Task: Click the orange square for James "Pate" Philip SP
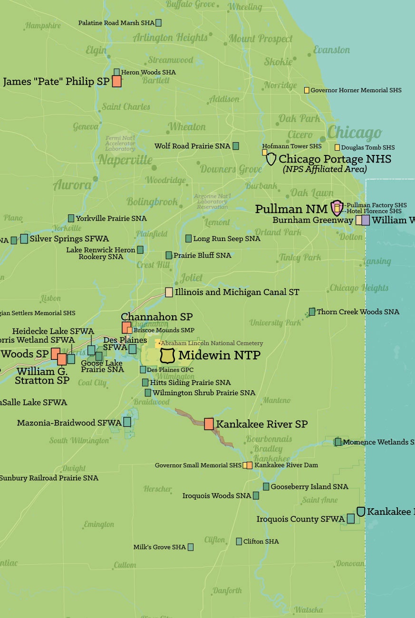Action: click(116, 81)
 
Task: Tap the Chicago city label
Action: click(354, 133)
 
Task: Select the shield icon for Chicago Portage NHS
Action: click(270, 159)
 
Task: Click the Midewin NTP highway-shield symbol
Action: click(168, 355)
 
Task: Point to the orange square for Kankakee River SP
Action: click(209, 424)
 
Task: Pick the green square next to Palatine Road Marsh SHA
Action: click(158, 22)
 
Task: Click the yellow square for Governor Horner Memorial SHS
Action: click(307, 90)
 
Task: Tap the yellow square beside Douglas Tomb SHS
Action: click(337, 147)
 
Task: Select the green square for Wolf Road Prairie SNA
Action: click(235, 146)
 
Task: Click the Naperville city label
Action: click(125, 160)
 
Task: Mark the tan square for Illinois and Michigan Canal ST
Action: click(169, 292)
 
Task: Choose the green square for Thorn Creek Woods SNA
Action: click(312, 312)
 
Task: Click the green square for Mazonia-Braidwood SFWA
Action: click(127, 422)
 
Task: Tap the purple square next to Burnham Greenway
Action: click(365, 220)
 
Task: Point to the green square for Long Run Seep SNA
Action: click(188, 238)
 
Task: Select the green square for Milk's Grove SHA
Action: click(191, 547)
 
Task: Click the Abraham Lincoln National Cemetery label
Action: click(212, 343)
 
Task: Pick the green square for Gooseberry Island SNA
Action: click(266, 486)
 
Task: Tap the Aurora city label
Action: click(72, 185)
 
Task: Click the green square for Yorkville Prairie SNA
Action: click(71, 218)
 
